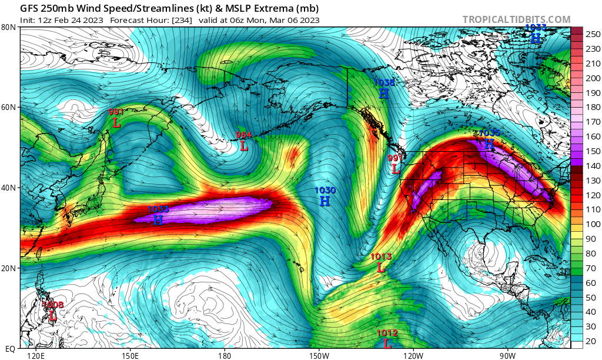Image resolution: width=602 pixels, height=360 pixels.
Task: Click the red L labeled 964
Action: pyautogui.click(x=244, y=145)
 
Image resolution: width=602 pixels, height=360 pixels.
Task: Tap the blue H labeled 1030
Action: pyautogui.click(x=325, y=201)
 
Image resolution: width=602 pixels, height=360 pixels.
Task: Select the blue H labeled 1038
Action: pyautogui.click(x=384, y=94)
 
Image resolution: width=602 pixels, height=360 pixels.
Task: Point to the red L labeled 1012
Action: pyautogui.click(x=387, y=344)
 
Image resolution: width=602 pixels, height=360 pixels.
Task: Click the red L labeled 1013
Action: pyautogui.click(x=381, y=267)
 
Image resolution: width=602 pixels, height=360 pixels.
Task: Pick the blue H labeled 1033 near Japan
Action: pyautogui.click(x=158, y=220)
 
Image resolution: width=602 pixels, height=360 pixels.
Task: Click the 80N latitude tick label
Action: pyautogui.click(x=8, y=27)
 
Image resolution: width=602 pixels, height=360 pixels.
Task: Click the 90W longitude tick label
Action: pyautogui.click(x=507, y=355)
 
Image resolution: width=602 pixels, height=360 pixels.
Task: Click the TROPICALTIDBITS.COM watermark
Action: pyautogui.click(x=516, y=19)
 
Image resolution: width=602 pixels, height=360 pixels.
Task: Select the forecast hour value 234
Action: pyautogui.click(x=178, y=19)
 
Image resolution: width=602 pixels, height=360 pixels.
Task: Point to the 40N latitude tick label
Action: pyautogui.click(x=8, y=188)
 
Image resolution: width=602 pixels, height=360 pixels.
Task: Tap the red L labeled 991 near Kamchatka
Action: pyautogui.click(x=116, y=122)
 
